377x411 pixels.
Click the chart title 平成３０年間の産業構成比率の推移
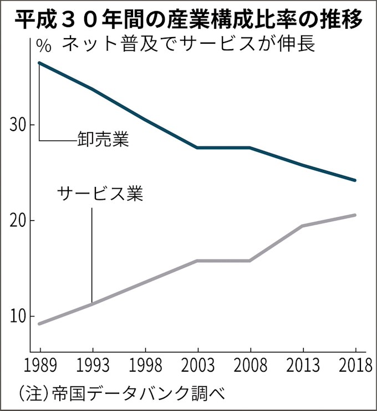click(x=188, y=20)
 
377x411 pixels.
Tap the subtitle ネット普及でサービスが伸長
click(x=189, y=44)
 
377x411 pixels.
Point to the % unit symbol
click(x=44, y=45)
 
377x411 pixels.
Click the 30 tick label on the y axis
click(x=19, y=125)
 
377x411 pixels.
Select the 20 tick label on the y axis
click(x=19, y=221)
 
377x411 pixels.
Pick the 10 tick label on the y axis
click(x=19, y=316)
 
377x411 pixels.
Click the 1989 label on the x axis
click(x=39, y=366)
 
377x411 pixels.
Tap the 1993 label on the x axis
click(x=92, y=366)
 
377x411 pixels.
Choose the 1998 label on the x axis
click(x=145, y=366)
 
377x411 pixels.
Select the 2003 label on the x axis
click(x=198, y=366)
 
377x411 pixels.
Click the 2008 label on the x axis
click(x=250, y=366)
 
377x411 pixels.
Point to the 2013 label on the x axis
click(x=303, y=366)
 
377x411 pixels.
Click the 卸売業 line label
click(x=103, y=139)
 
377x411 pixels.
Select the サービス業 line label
click(x=100, y=194)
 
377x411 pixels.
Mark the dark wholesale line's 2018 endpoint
click(x=355, y=180)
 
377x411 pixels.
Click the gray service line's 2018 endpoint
click(x=355, y=215)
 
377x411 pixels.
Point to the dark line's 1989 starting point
click(x=39, y=63)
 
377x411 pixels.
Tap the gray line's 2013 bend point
click(x=303, y=226)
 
